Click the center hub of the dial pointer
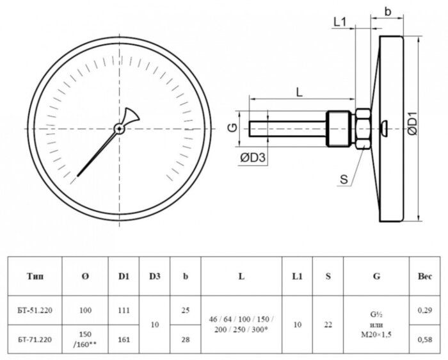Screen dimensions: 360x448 tap(120, 128)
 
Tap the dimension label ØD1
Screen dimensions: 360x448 tap(413, 124)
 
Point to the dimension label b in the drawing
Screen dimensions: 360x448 tap(388, 11)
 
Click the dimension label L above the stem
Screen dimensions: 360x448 tap(300, 92)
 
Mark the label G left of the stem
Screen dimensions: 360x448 tap(234, 128)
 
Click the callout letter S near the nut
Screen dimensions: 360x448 tap(344, 179)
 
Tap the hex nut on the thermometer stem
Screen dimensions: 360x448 tap(362, 128)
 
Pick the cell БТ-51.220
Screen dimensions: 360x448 tap(35, 310)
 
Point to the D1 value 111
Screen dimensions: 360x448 tap(124, 310)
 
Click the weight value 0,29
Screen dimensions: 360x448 tap(424, 310)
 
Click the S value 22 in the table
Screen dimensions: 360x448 tap(328, 324)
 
